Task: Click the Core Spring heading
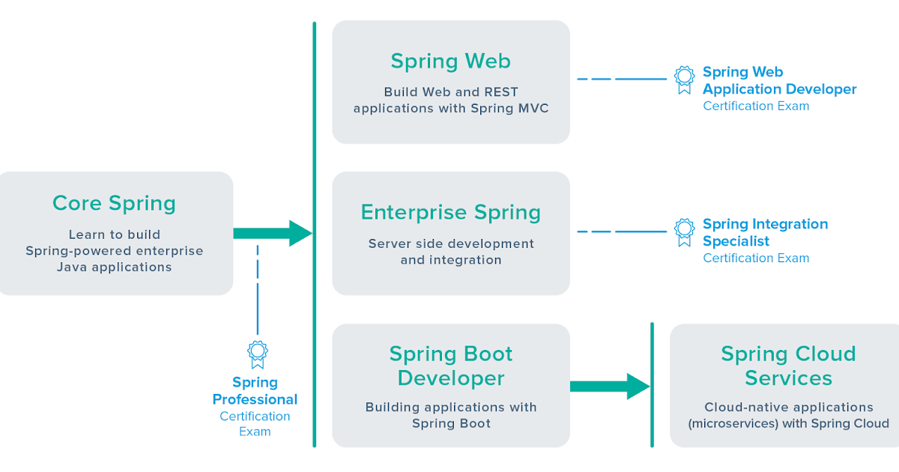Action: (x=114, y=203)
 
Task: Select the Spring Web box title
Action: (x=450, y=61)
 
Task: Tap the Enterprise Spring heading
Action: (x=450, y=212)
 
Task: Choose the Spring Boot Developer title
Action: (x=450, y=366)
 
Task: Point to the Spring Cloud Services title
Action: (x=787, y=366)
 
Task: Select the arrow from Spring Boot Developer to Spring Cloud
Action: (x=608, y=386)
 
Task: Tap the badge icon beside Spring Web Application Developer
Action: (x=684, y=79)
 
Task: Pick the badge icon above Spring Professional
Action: (x=258, y=354)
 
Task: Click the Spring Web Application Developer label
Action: (x=779, y=81)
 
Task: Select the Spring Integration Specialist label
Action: (x=765, y=232)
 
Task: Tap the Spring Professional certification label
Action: (x=255, y=391)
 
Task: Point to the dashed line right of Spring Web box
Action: (x=621, y=79)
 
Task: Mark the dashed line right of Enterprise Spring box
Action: (x=621, y=232)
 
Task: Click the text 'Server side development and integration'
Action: (x=450, y=252)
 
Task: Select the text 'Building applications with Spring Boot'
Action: (x=450, y=415)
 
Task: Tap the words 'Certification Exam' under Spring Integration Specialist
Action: (x=756, y=258)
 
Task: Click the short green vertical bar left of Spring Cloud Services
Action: (x=652, y=384)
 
